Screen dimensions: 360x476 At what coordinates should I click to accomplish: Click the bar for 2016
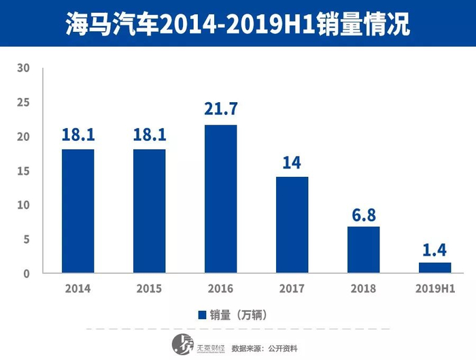point(220,199)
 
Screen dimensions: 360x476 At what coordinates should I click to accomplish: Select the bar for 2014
point(78,211)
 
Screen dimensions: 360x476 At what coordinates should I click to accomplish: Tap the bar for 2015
point(149,211)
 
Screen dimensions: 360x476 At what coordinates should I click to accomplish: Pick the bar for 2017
point(292,225)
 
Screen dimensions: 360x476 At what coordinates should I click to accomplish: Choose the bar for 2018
point(363,249)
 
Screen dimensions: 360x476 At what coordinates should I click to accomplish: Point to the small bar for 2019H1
point(435,267)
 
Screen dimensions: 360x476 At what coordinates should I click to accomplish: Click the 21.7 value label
point(220,109)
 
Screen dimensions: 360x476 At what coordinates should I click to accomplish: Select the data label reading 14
point(292,162)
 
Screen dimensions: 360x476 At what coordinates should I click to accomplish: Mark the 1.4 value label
point(435,248)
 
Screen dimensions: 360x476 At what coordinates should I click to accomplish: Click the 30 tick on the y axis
point(24,68)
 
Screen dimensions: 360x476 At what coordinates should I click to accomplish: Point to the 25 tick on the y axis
point(24,103)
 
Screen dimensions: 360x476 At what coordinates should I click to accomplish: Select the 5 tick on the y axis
point(26,240)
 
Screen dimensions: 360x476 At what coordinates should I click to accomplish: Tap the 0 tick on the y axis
point(26,274)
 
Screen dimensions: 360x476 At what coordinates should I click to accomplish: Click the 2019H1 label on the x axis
point(435,289)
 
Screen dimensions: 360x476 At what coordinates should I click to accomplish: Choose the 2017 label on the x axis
point(292,289)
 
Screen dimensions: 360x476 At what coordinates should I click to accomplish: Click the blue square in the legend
point(202,314)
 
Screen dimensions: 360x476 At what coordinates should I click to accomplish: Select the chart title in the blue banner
point(238,24)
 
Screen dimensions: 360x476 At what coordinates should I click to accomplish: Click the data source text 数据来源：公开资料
point(266,347)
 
